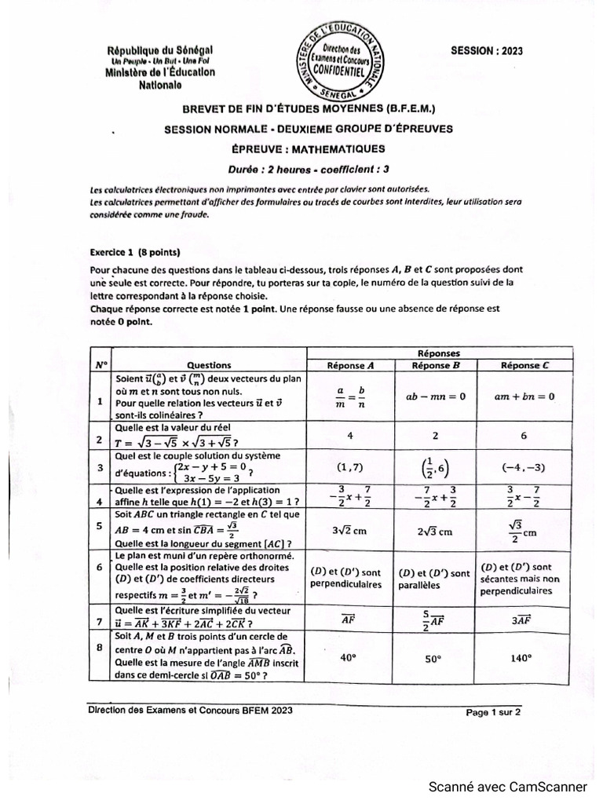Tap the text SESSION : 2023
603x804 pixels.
(x=486, y=51)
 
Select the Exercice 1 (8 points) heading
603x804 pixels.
(x=133, y=253)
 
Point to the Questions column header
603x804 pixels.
(x=209, y=365)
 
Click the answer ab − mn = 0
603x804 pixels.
(x=436, y=397)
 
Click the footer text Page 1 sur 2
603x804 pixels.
(x=493, y=713)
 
